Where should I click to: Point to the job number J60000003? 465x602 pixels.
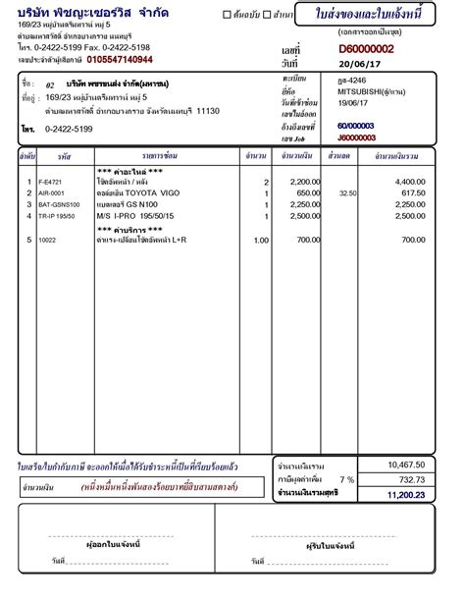tap(356, 138)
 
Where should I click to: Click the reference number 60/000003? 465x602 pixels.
tap(355, 127)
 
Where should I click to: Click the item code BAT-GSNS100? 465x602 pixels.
tap(58, 204)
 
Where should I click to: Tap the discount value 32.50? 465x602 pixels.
tap(346, 194)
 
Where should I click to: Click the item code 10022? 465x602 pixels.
tap(48, 240)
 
